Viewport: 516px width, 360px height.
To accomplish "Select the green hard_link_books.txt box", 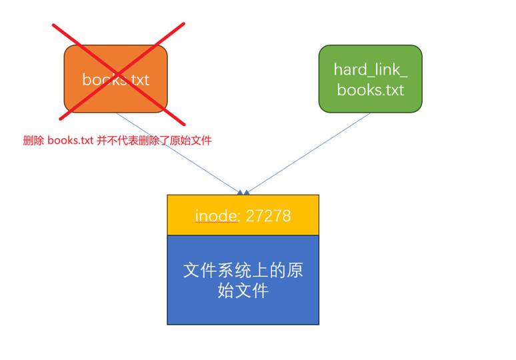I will coord(370,78).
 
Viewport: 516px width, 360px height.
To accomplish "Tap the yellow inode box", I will coord(243,215).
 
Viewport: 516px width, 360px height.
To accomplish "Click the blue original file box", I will coord(243,279).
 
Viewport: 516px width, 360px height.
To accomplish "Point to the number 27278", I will coord(268,216).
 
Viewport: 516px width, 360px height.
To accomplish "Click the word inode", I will coord(217,216).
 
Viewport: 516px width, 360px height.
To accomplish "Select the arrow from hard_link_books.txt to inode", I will coord(308,153).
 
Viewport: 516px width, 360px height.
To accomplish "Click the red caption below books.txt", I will coord(117,141).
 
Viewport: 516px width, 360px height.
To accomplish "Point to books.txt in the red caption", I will coord(70,141).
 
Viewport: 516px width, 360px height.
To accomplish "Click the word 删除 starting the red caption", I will coord(33,141).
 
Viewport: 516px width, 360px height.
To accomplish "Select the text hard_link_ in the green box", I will coord(370,69).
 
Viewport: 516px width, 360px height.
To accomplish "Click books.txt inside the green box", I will coord(370,89).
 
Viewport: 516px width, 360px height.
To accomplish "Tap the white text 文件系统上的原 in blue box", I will coord(243,270).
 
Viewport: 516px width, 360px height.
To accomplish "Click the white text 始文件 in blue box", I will coord(243,291).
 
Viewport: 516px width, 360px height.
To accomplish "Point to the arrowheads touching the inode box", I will coord(243,192).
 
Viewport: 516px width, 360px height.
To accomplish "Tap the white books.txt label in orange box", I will coord(116,79).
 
